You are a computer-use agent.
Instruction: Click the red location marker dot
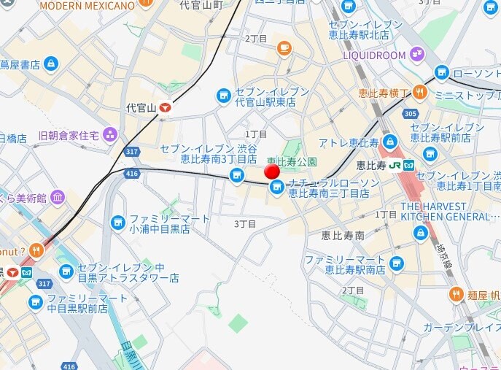pos(272,171)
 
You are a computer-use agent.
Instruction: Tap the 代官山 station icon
pos(166,107)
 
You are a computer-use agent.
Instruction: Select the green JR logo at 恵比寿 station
pos(395,164)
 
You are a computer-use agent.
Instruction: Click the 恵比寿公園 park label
pos(291,161)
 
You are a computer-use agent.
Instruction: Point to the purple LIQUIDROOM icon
pos(416,54)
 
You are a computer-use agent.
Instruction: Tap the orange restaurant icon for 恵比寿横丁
pos(419,92)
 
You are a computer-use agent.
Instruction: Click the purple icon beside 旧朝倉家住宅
pos(110,134)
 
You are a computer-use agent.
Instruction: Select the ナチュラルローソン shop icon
pos(276,188)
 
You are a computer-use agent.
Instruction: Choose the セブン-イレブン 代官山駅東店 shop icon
pos(224,96)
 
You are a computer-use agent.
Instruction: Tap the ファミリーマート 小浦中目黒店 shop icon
pos(117,223)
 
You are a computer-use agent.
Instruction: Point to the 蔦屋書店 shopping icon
pos(50,65)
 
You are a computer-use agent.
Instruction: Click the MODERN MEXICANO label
pos(87,6)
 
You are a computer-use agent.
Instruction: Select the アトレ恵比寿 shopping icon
pos(390,142)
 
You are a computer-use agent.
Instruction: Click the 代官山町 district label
pos(201,5)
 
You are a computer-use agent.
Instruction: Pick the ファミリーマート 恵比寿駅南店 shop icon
pos(396,263)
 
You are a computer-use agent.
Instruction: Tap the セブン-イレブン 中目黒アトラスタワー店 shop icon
pos(66,271)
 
